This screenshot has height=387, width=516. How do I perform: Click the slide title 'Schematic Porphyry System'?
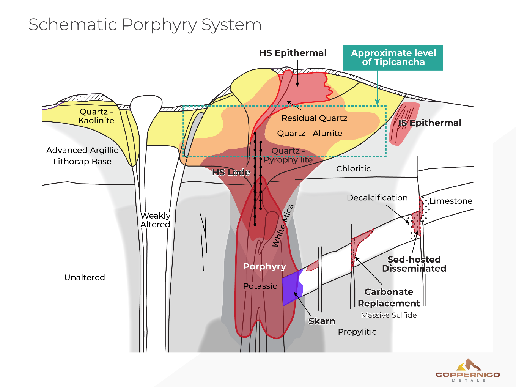[x=145, y=25]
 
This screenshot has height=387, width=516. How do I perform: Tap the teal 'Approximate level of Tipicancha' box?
[x=393, y=58]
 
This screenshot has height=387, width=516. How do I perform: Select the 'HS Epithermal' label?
[x=293, y=53]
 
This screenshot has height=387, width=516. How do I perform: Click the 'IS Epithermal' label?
[x=430, y=123]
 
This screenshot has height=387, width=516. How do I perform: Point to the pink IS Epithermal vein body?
[x=403, y=124]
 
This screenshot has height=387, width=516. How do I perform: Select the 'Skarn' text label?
[x=321, y=321]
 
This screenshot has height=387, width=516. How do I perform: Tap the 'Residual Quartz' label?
[x=314, y=118]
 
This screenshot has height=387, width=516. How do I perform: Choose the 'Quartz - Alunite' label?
[x=310, y=134]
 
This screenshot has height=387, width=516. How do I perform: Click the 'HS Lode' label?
[x=231, y=173]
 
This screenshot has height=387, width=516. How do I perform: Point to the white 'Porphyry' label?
[x=264, y=267]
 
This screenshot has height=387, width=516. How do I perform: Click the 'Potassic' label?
[x=260, y=286]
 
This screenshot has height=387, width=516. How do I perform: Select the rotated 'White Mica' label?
[x=283, y=226]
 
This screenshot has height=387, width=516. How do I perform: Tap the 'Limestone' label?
[x=451, y=201]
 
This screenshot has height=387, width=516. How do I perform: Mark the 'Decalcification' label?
[x=377, y=198]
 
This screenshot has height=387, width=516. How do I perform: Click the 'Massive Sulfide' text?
[x=389, y=315]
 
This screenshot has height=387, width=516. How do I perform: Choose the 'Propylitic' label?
[x=357, y=332]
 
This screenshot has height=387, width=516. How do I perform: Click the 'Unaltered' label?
[x=85, y=277]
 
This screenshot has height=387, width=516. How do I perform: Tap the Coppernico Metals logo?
[x=468, y=370]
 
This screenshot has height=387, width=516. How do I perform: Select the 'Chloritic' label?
[x=353, y=169]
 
